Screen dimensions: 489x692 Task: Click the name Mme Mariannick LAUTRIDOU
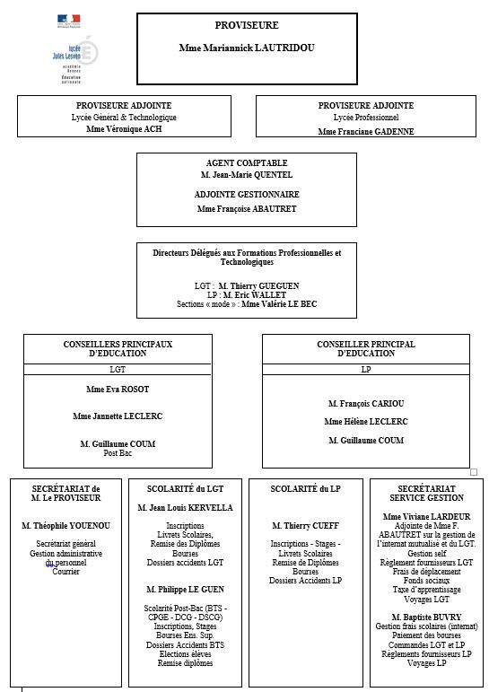[x=247, y=48]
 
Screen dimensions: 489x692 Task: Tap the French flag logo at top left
[x=69, y=20]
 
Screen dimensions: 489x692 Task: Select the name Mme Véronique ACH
[x=124, y=129]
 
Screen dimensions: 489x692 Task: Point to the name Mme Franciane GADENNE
[x=366, y=132]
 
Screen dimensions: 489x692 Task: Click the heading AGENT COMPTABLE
[x=247, y=162]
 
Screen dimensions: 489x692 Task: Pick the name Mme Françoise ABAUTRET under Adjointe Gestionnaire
[x=247, y=209]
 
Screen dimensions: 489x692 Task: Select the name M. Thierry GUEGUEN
[x=258, y=286]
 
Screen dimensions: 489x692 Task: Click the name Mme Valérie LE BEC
[x=279, y=304]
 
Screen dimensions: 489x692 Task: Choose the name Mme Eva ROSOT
[x=118, y=390]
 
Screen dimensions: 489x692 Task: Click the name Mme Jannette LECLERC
[x=118, y=416]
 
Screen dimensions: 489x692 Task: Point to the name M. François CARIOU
[x=366, y=403]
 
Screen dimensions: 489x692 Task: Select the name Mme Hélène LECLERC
[x=366, y=422]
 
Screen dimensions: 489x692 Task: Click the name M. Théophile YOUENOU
[x=65, y=526]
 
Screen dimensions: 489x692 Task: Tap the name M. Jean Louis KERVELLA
[x=186, y=507]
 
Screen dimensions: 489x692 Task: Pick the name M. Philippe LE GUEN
[x=186, y=589]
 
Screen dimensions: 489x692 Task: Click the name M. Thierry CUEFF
[x=305, y=526]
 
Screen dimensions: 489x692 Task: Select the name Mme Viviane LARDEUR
[x=427, y=516]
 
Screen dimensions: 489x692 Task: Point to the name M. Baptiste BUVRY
[x=427, y=617]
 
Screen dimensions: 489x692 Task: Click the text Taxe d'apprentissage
[x=427, y=590]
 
